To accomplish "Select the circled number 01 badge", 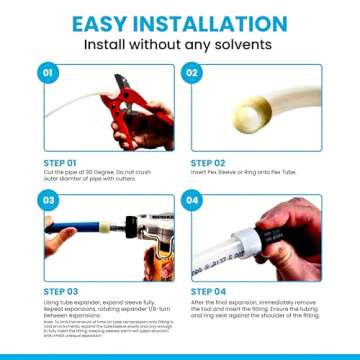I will coord(45,73).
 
